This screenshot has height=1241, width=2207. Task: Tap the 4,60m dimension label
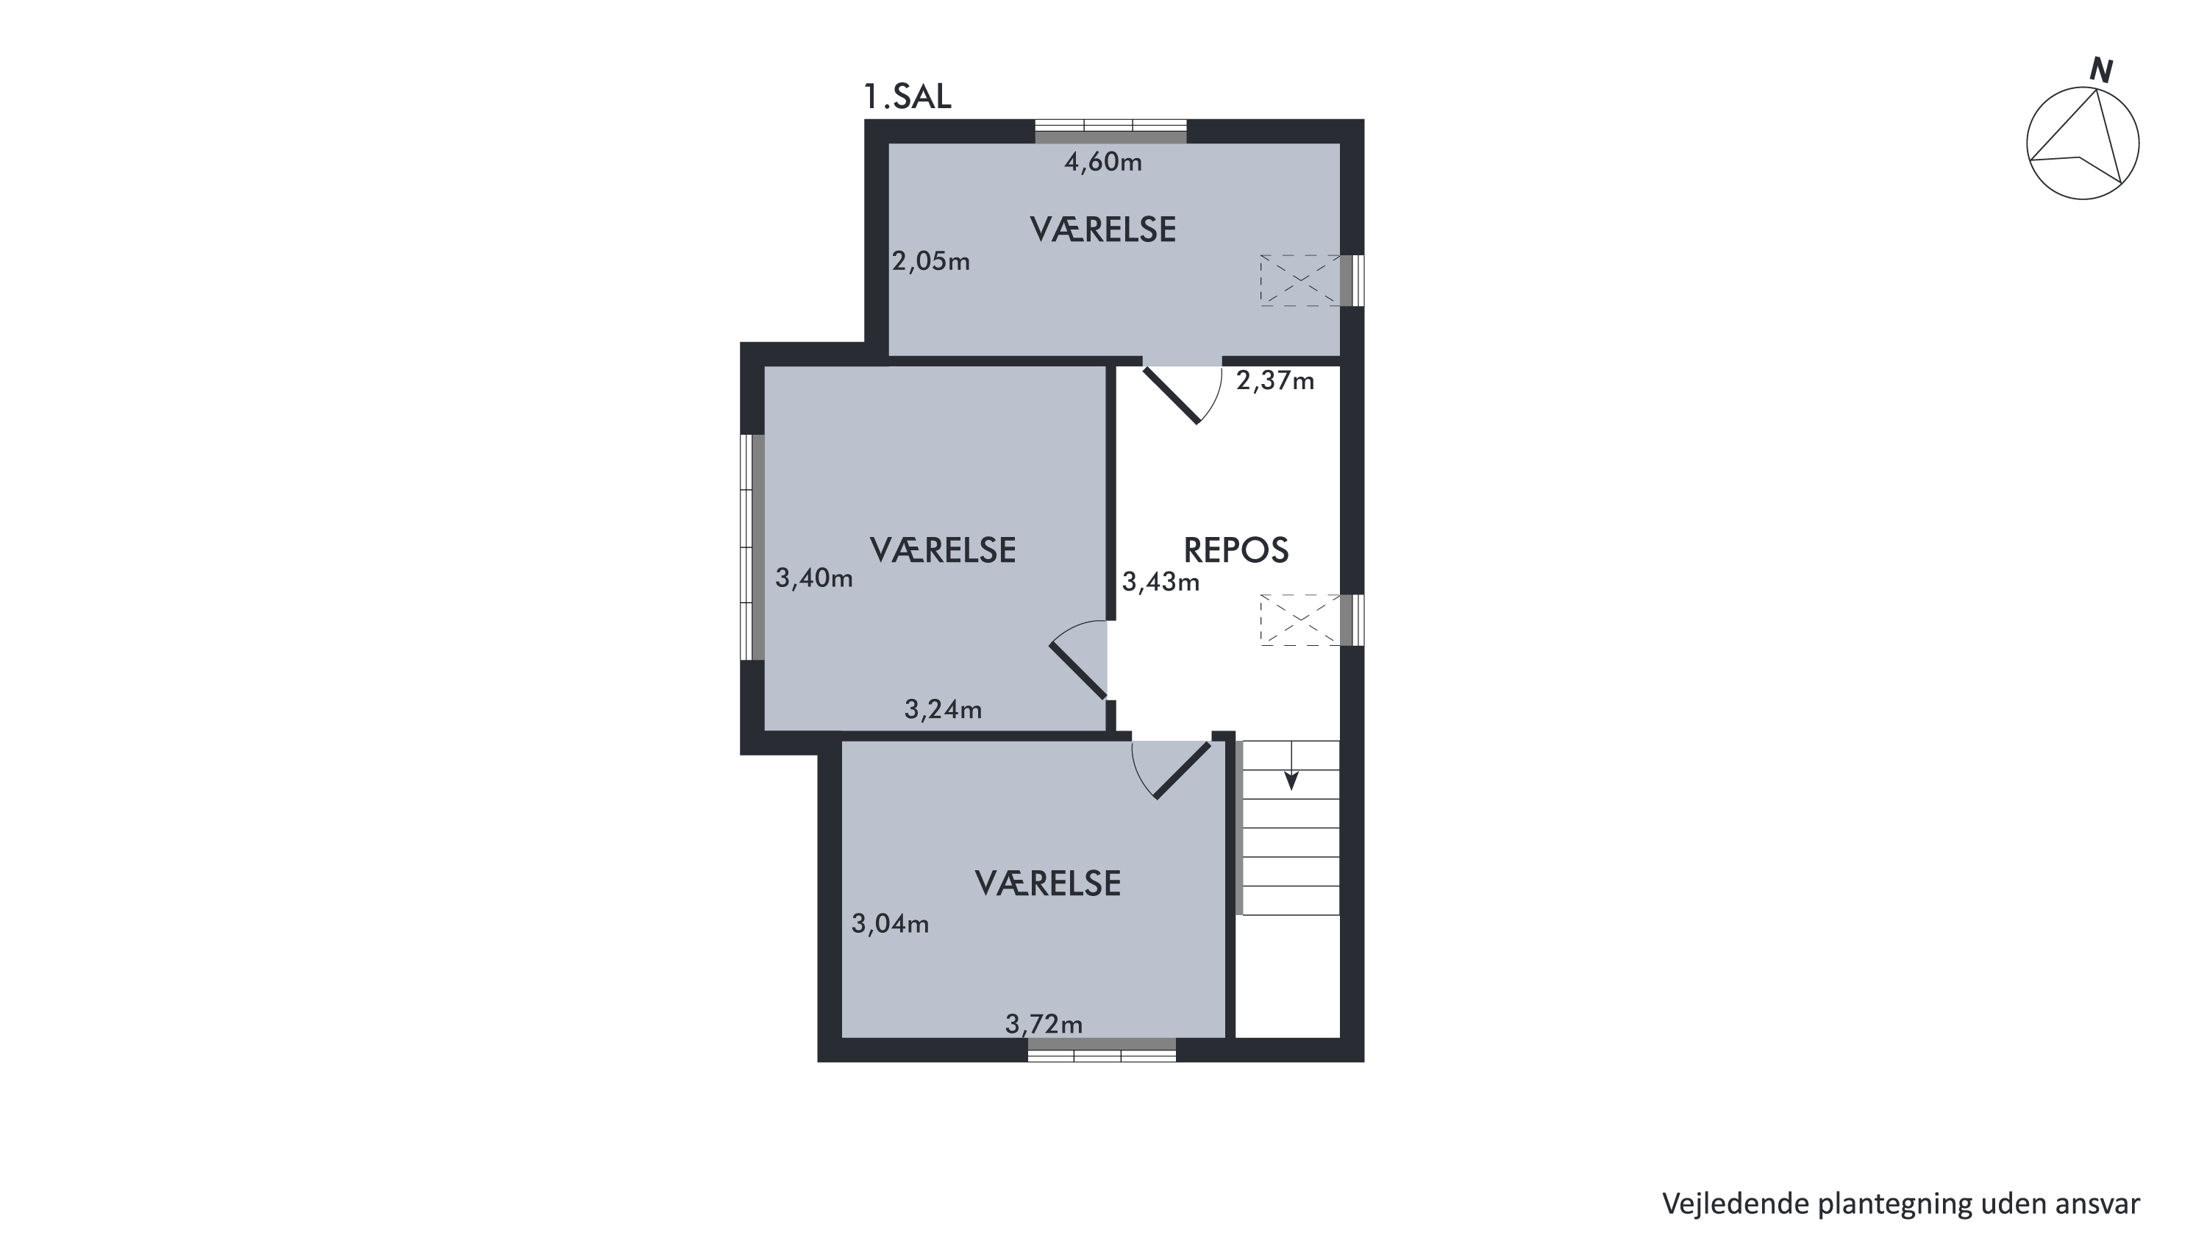1103,162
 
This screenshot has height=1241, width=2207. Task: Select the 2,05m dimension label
931,260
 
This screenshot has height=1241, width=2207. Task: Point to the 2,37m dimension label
1274,380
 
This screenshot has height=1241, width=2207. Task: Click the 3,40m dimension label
814,577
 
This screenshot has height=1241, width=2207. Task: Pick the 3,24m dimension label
944,709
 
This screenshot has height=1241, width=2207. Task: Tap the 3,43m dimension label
1161,582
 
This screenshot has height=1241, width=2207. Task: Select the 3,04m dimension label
890,923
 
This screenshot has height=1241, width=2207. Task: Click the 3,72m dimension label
1044,1023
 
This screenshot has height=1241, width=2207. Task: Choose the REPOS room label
1236,550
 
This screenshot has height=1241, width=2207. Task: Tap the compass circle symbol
2082,145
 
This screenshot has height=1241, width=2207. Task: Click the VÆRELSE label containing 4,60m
1102,230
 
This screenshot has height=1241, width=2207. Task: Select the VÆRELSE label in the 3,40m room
942,550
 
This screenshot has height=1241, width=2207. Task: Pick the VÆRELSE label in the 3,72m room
1048,883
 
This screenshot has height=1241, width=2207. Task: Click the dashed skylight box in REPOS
1299,619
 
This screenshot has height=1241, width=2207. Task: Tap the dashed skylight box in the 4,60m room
1299,280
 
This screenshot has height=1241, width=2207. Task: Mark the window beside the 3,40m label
752,547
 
